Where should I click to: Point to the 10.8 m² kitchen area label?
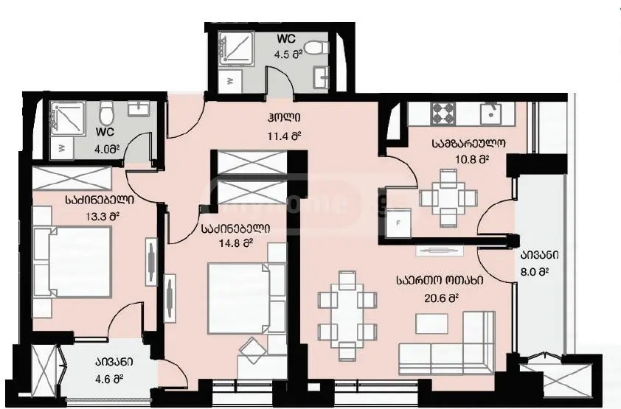pyautogui.click(x=469, y=158)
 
